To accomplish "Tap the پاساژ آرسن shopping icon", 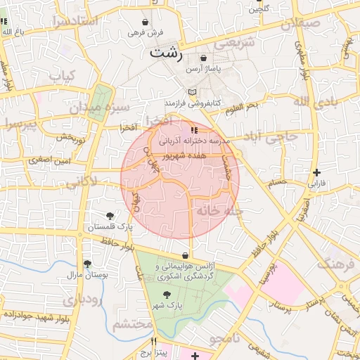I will (203, 58).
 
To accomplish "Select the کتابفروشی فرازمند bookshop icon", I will (192, 92).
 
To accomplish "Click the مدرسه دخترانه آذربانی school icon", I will (194, 130).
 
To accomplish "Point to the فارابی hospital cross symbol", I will (317, 172).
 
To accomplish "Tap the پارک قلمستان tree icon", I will (110, 216).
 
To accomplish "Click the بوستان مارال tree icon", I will (87, 264).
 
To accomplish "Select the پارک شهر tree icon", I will (167, 295).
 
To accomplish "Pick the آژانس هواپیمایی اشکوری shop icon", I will (185, 255).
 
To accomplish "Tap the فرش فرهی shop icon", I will (145, 22).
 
